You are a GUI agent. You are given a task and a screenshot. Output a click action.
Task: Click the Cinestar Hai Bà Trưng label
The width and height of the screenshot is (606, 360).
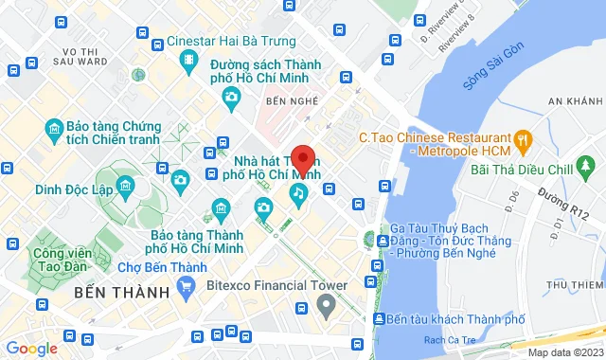(x=231, y=41)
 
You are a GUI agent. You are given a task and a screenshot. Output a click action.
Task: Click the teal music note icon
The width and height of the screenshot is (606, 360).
(x=298, y=193)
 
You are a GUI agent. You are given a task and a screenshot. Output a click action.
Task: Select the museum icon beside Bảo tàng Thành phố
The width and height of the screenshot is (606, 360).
(x=222, y=207)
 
